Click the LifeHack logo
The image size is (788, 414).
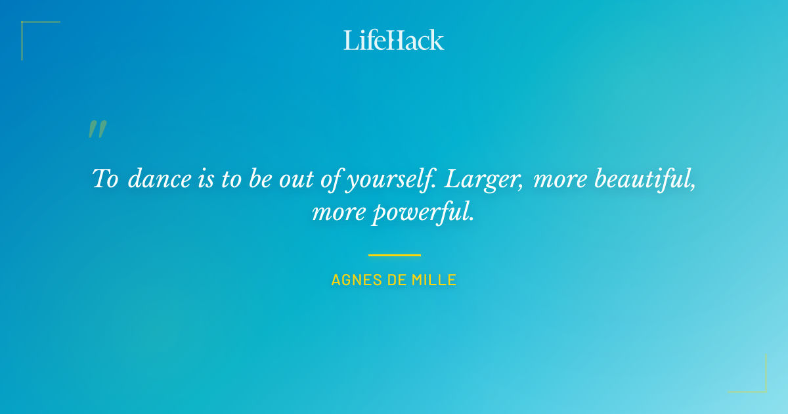(394, 40)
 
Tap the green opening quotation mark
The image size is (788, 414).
(97, 129)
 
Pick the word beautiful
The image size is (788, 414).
(646, 179)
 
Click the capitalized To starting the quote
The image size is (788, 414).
(105, 179)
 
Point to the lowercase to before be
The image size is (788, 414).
(231, 179)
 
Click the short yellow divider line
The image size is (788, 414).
(394, 255)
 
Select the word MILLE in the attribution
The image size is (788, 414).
(434, 280)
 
